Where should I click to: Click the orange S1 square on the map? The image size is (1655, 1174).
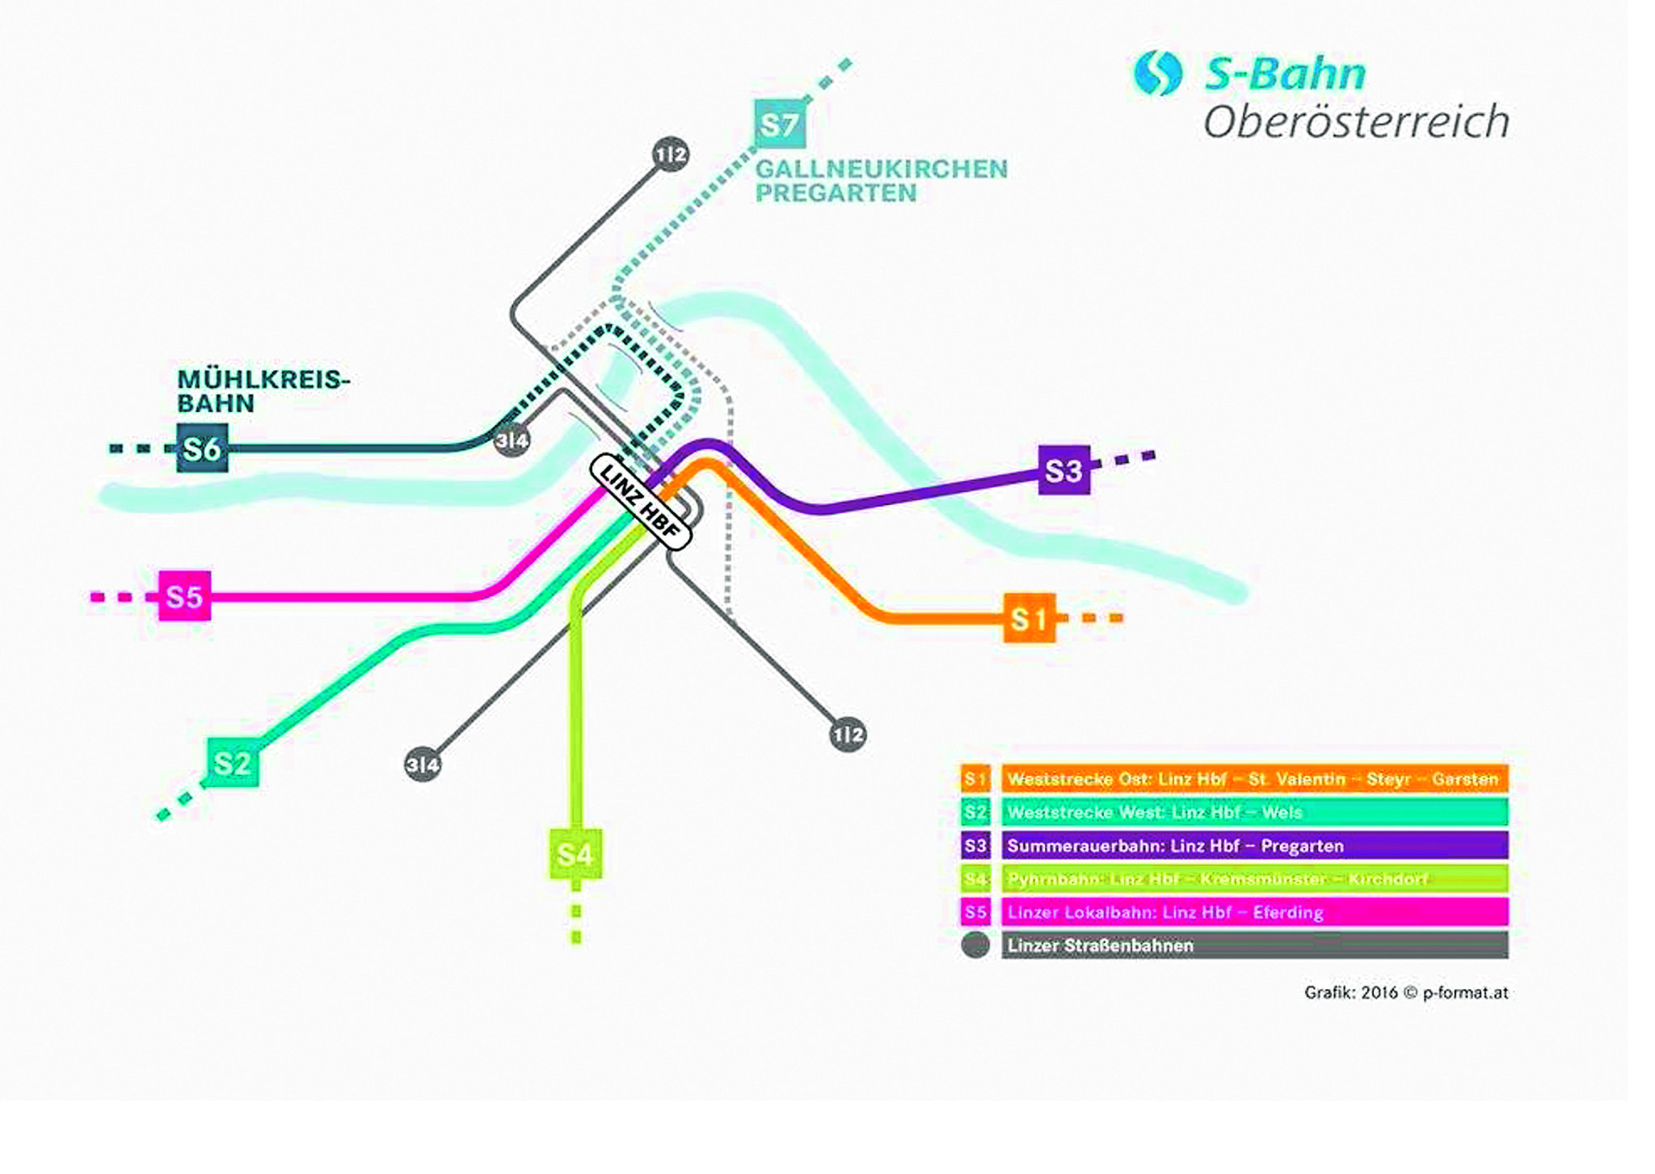(x=1029, y=619)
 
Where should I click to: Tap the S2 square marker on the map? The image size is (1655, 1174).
(x=233, y=763)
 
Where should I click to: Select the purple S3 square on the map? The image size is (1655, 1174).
(x=1063, y=470)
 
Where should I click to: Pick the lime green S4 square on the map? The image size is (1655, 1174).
(x=575, y=854)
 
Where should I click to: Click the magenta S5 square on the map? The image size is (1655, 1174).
(x=184, y=596)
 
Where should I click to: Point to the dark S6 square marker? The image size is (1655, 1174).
(x=202, y=448)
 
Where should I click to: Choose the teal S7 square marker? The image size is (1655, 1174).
(x=780, y=124)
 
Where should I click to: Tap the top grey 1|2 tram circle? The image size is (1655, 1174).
(x=671, y=154)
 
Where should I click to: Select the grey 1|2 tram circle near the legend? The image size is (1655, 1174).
(x=848, y=734)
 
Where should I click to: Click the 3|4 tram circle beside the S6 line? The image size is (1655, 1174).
(x=512, y=440)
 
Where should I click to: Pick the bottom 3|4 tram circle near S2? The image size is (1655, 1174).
(x=423, y=764)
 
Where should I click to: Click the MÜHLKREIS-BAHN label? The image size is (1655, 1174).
(x=263, y=391)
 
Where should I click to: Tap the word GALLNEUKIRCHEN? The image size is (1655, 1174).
(x=881, y=169)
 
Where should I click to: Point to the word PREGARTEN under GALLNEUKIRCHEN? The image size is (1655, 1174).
(x=836, y=194)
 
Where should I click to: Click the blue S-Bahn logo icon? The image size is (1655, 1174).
(x=1157, y=73)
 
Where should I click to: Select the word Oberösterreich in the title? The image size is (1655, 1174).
(x=1355, y=122)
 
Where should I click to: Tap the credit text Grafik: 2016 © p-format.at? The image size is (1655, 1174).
(x=1405, y=992)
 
